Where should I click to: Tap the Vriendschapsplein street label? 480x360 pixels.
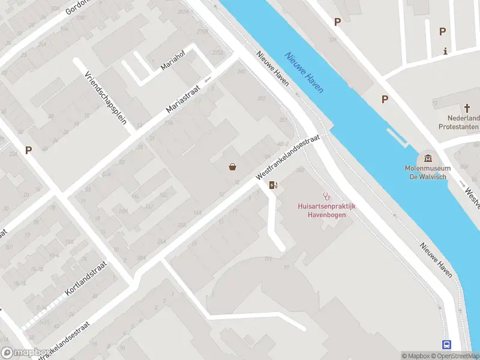coord(106,98)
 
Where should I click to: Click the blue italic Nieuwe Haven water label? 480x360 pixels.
coord(304,72)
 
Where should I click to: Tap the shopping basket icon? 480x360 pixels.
coord(232,167)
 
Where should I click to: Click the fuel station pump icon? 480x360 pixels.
coord(273,185)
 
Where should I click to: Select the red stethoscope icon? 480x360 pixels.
coord(327,196)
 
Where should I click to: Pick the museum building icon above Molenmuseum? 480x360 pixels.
coord(428,158)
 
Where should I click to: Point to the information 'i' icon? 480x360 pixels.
coord(445,51)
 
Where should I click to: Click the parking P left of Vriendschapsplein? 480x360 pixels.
coord(28,150)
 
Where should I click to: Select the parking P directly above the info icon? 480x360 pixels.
coord(443,31)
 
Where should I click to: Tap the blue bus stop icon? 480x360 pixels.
coord(447,344)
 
